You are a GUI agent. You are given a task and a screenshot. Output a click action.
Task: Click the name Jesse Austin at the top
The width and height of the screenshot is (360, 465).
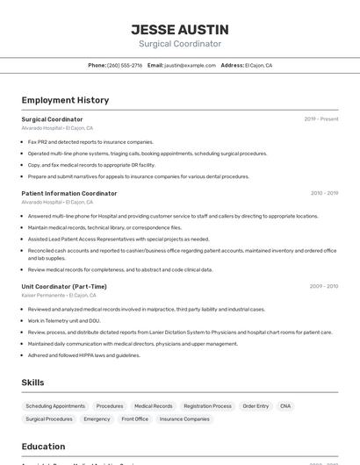179,29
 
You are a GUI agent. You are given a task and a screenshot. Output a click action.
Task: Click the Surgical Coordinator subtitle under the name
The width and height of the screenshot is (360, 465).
179,44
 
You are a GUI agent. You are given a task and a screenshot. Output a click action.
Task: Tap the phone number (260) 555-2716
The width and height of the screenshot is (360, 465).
125,65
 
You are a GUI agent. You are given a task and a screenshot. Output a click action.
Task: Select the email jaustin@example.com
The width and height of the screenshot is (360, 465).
190,65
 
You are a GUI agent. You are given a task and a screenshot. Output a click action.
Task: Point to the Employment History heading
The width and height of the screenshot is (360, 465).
65,100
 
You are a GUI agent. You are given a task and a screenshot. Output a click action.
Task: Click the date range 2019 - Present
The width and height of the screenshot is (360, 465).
321,119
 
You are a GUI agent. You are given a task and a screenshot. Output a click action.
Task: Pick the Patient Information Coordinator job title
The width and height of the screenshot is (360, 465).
69,193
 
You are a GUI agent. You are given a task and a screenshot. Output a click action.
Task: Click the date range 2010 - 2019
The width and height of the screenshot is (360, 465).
324,193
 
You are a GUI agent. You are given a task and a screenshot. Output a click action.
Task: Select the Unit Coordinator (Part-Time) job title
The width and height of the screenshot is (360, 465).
64,286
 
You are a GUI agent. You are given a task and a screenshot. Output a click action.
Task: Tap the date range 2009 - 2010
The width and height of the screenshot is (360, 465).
324,286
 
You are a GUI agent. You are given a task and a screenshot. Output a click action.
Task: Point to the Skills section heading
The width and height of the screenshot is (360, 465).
33,383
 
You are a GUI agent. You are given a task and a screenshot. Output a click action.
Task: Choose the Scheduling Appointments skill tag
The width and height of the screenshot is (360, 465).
55,406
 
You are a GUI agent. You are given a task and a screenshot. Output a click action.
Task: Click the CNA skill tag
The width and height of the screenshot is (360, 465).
285,406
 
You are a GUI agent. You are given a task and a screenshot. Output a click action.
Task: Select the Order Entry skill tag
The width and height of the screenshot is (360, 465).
256,406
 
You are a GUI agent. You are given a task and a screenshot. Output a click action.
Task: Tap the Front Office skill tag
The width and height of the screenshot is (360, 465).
135,419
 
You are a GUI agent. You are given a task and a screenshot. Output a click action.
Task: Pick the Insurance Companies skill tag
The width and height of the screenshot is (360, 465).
184,419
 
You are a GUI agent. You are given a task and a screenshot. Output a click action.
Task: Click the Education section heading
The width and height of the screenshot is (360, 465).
43,447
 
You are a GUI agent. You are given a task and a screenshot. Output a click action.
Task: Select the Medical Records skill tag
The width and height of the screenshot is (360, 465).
153,406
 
